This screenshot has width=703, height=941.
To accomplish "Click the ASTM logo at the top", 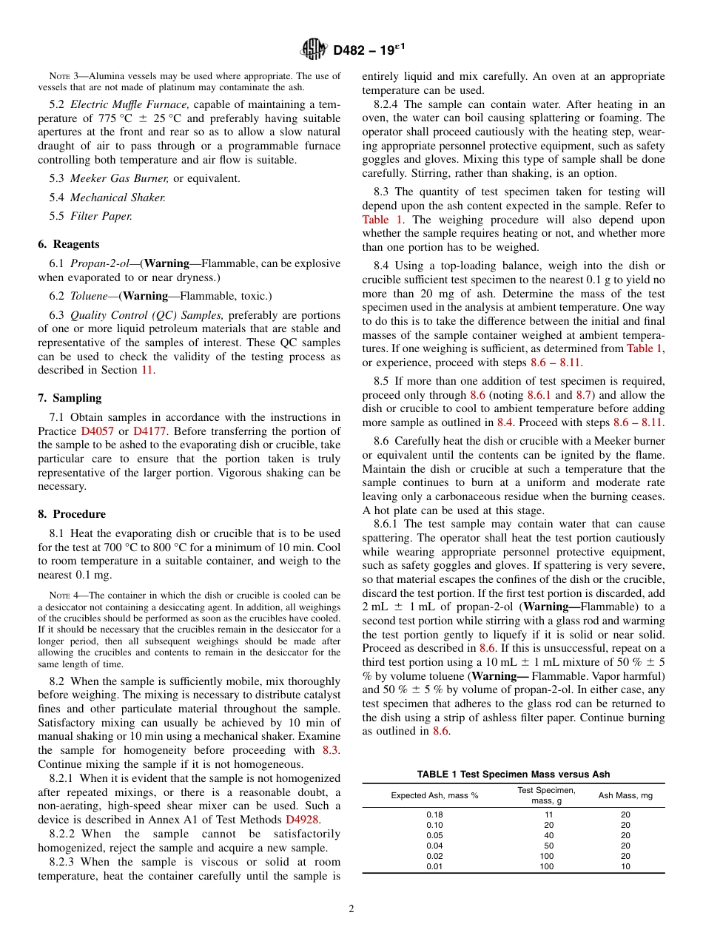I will point(314,50).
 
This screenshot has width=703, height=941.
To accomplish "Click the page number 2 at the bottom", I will point(351,909).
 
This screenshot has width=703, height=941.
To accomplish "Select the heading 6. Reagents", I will point(69,244).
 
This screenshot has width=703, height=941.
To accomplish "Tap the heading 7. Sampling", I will point(70,398).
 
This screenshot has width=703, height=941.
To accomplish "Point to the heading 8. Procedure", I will point(72,514).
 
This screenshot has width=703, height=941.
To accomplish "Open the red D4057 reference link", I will point(95,431).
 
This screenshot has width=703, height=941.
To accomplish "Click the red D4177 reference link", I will point(147,431).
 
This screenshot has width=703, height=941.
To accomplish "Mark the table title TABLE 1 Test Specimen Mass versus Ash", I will point(514,774).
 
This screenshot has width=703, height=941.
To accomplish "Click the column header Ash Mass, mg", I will point(625,796).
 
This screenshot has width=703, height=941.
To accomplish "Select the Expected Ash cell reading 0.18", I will point(434,814).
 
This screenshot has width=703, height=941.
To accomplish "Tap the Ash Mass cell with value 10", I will point(625,866).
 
